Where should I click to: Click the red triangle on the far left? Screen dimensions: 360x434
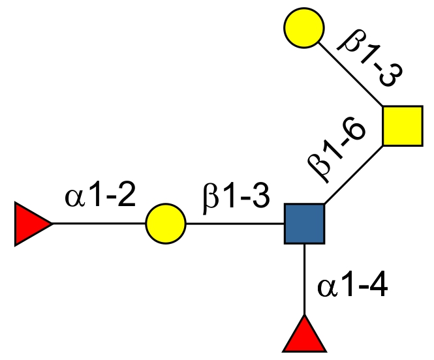coord(29,224)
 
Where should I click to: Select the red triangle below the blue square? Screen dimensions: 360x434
coord(304,336)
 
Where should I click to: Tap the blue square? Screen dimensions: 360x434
coord(305,224)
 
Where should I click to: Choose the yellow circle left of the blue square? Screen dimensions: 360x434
coord(165,224)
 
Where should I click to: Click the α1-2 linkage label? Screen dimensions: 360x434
coord(101,196)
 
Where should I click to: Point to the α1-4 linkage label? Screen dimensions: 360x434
coord(353,286)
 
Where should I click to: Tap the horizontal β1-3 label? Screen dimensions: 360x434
coord(235,196)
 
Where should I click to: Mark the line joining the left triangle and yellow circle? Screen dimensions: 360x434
coord(98,224)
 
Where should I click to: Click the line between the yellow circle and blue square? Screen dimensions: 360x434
coord(235,224)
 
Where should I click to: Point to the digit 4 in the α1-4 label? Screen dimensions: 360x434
coord(378,286)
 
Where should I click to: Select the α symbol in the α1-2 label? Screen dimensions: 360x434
coord(74,197)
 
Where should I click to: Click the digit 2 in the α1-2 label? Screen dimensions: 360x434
coord(125,196)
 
